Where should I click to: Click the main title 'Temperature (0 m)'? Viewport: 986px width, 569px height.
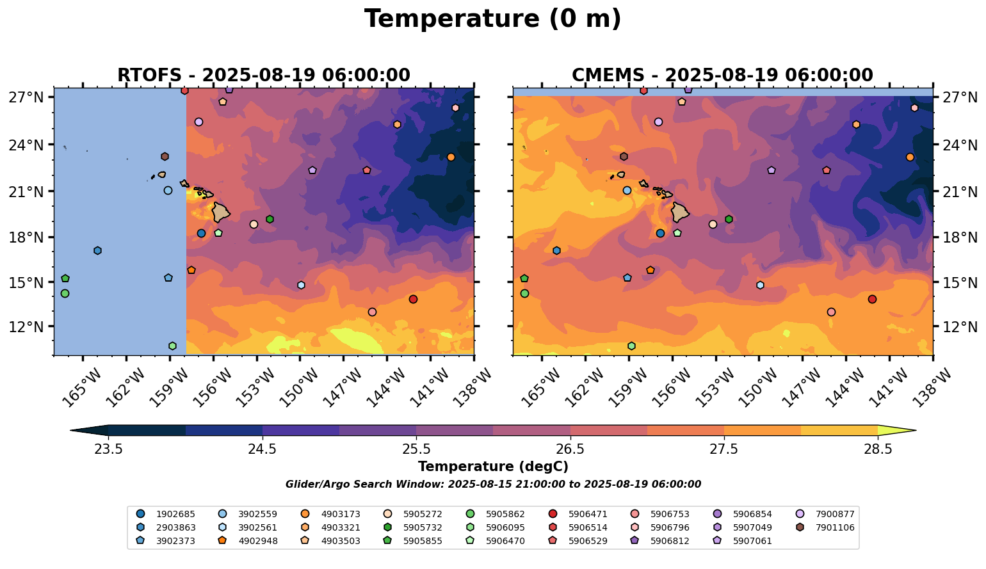[492, 19]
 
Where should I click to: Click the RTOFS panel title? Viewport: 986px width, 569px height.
[263, 75]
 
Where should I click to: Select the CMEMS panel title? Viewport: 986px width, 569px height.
[722, 75]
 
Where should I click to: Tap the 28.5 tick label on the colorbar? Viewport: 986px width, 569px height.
[878, 449]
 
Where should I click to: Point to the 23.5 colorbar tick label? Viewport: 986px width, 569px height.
[108, 449]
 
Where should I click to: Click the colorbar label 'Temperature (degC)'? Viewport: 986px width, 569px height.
[492, 467]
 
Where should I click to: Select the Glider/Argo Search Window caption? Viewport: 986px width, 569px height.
[492, 485]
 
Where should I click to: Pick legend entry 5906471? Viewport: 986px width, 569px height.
[583, 514]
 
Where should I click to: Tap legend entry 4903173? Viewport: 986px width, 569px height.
[335, 514]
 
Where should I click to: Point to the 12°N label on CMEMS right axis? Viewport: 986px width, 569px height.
[960, 327]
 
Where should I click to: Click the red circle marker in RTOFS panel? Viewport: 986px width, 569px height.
[413, 299]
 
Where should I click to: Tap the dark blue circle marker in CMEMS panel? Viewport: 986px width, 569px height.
[660, 233]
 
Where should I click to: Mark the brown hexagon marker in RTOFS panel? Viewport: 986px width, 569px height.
[165, 156]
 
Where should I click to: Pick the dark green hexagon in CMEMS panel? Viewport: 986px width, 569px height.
[729, 219]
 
